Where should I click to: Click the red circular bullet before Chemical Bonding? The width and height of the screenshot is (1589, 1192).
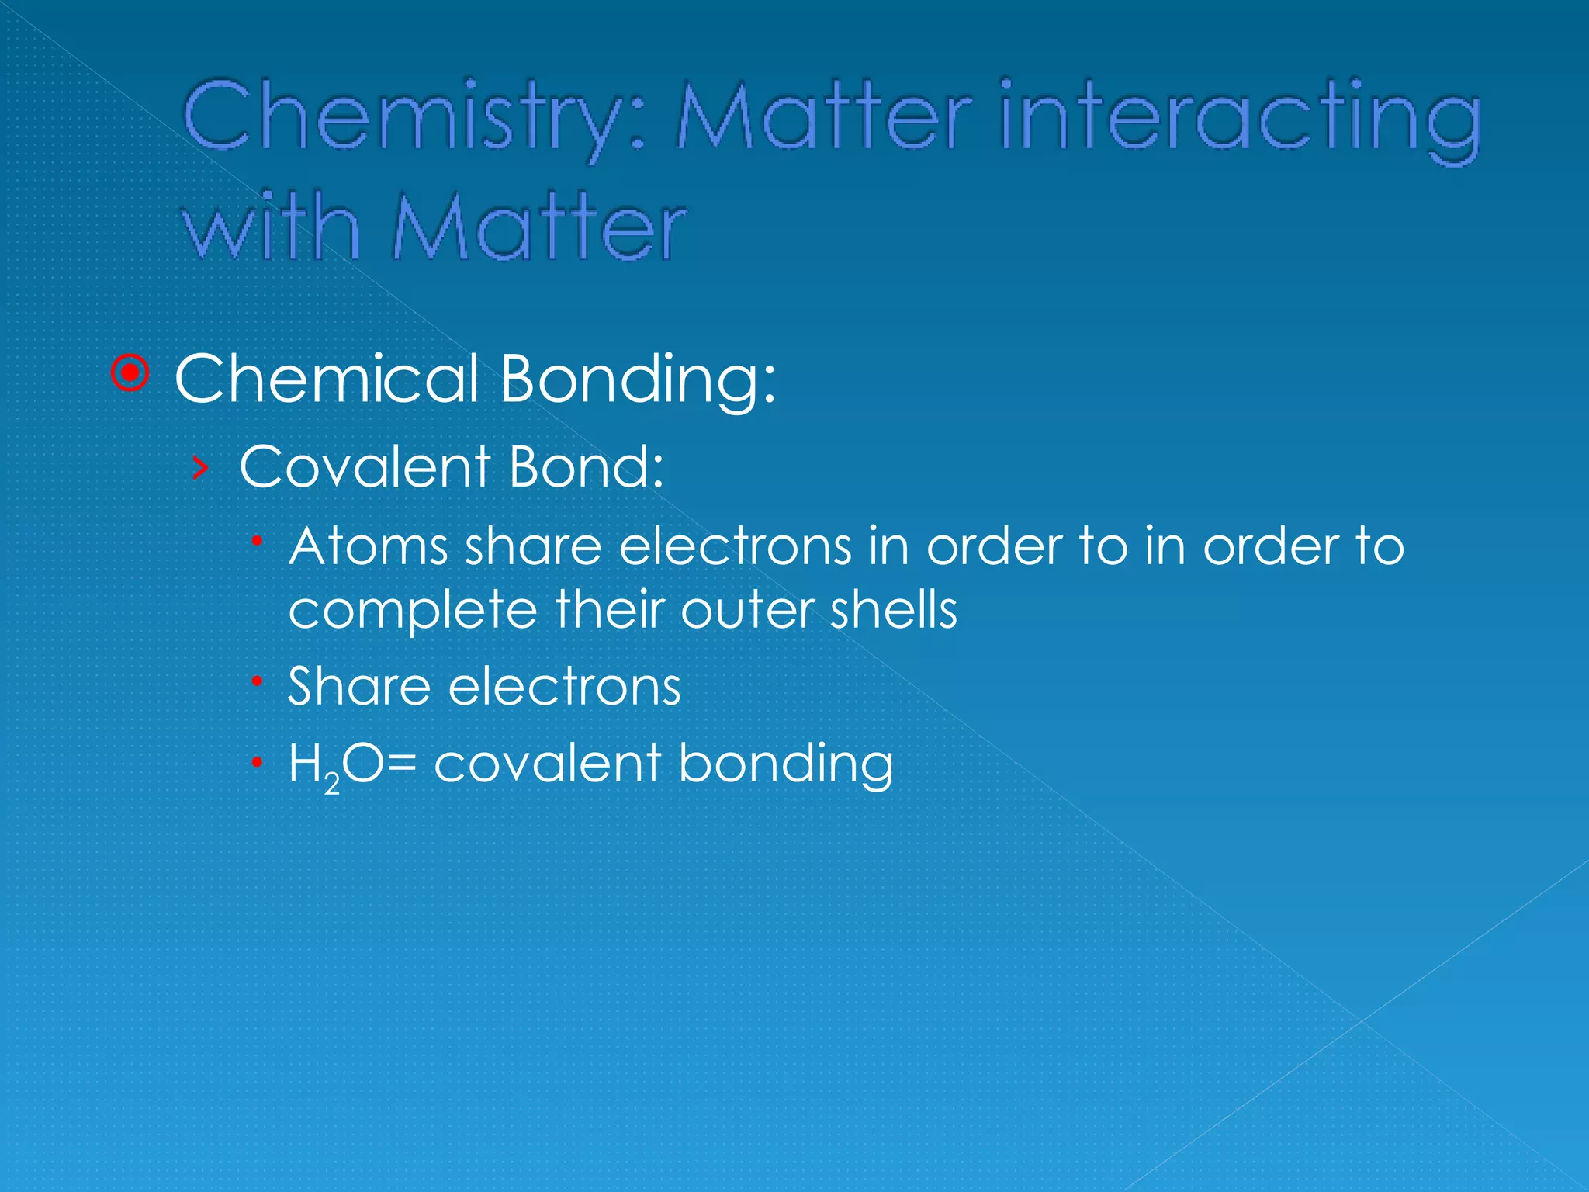pyautogui.click(x=130, y=374)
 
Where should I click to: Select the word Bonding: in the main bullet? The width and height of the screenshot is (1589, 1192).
pyautogui.click(x=637, y=380)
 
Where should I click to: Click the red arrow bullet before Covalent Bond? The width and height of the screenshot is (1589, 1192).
pyautogui.click(x=200, y=468)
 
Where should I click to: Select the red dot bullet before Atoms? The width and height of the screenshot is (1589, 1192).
pyautogui.click(x=258, y=540)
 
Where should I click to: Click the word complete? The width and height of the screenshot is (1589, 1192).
pyautogui.click(x=412, y=611)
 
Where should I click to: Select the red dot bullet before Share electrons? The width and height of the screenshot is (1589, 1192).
pyautogui.click(x=258, y=681)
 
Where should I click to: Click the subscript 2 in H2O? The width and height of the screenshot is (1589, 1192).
pyautogui.click(x=332, y=785)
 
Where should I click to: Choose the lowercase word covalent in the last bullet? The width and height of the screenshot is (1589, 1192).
pyautogui.click(x=547, y=763)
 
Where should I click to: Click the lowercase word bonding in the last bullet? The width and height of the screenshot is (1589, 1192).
pyautogui.click(x=785, y=764)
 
